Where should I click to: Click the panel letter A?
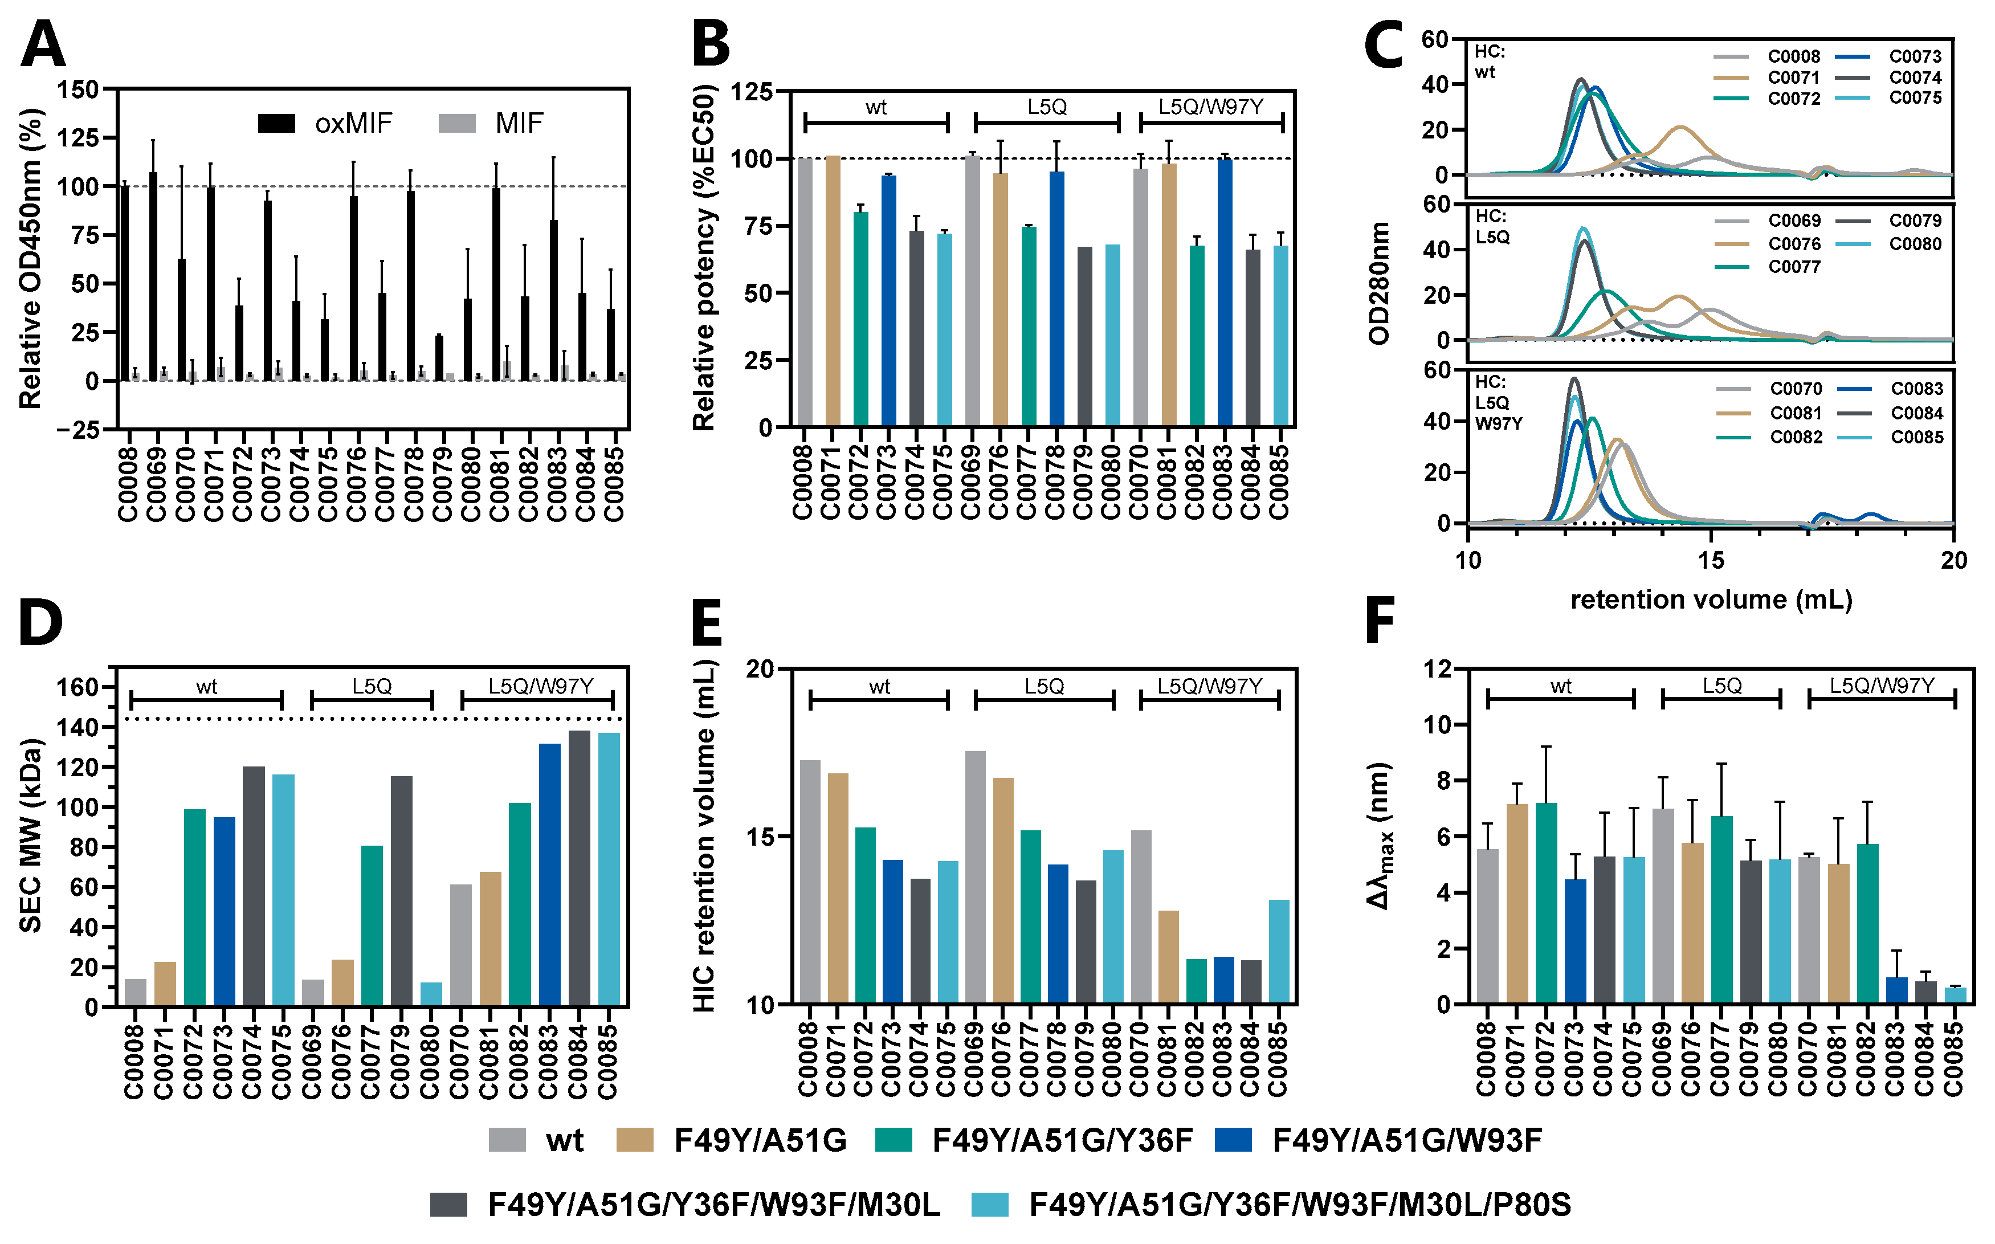pos(43,45)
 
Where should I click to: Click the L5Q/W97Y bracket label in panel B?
pos(1210,107)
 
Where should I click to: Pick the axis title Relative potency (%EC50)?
pos(705,259)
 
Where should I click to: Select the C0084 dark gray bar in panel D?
pos(579,868)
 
